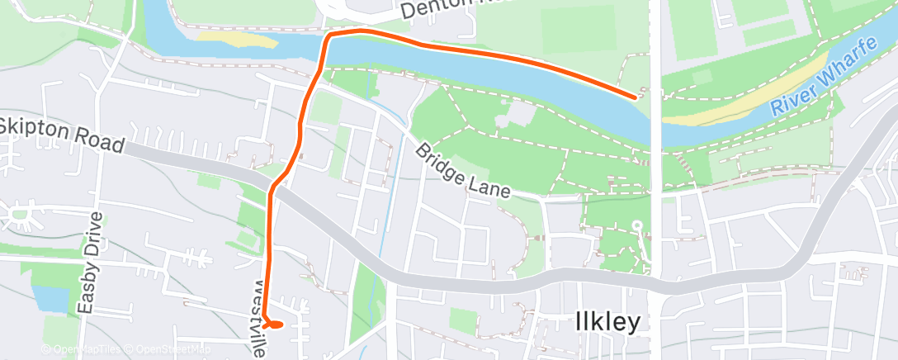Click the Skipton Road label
click(x=63, y=137)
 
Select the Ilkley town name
click(x=607, y=323)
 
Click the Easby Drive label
click(x=92, y=263)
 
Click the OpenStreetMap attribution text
click(x=168, y=350)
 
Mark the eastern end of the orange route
click(x=635, y=97)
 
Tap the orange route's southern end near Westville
click(x=272, y=324)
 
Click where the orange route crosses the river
click(x=323, y=54)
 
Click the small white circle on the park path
click(x=636, y=224)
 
